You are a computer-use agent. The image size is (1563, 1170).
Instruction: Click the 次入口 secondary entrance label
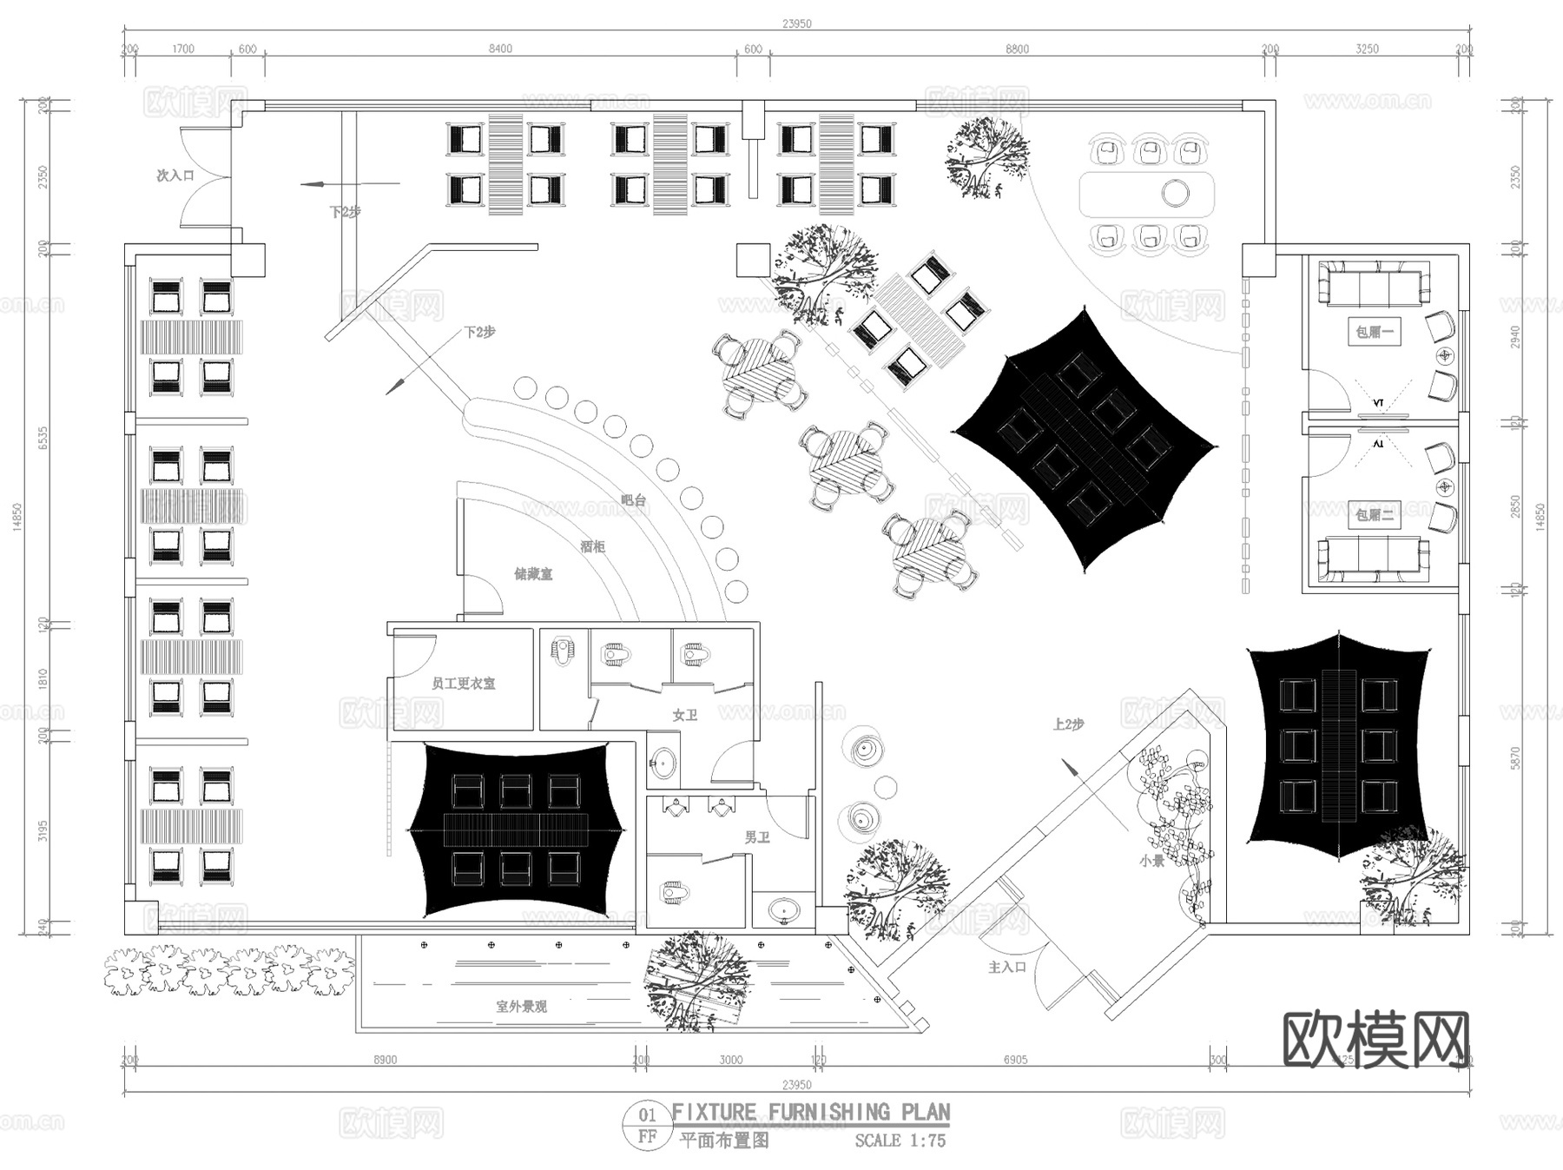click(x=175, y=175)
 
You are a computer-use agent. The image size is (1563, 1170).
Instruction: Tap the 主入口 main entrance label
click(x=1007, y=967)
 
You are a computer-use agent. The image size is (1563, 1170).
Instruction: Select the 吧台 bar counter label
click(x=634, y=500)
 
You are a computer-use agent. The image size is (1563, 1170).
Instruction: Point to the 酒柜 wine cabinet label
click(x=592, y=546)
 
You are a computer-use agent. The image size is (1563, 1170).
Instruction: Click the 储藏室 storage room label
click(x=533, y=574)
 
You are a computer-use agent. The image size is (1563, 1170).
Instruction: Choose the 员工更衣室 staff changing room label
click(x=464, y=684)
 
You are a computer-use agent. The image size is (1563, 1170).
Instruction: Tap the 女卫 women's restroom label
click(x=685, y=715)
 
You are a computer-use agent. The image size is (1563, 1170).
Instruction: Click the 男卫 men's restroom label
click(x=757, y=837)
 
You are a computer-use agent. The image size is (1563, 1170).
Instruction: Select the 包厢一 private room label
click(x=1375, y=332)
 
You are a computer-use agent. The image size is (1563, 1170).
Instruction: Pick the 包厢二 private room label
click(x=1375, y=514)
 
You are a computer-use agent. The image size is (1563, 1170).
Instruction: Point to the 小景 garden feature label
click(x=1152, y=861)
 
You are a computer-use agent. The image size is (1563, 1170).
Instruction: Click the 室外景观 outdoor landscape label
click(x=522, y=1007)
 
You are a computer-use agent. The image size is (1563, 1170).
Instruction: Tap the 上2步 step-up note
click(x=1069, y=724)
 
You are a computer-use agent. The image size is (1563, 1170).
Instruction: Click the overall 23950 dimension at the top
click(x=796, y=23)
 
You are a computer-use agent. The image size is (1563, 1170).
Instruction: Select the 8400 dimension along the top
click(x=500, y=49)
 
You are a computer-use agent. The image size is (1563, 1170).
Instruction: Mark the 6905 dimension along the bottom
click(x=1015, y=1060)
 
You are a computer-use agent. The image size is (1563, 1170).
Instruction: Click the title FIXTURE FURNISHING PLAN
click(x=811, y=1113)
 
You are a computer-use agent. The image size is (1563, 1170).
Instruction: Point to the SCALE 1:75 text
click(x=900, y=1140)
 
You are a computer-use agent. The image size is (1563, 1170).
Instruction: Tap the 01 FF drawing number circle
click(x=648, y=1126)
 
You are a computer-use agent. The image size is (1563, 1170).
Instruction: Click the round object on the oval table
click(x=1175, y=193)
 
